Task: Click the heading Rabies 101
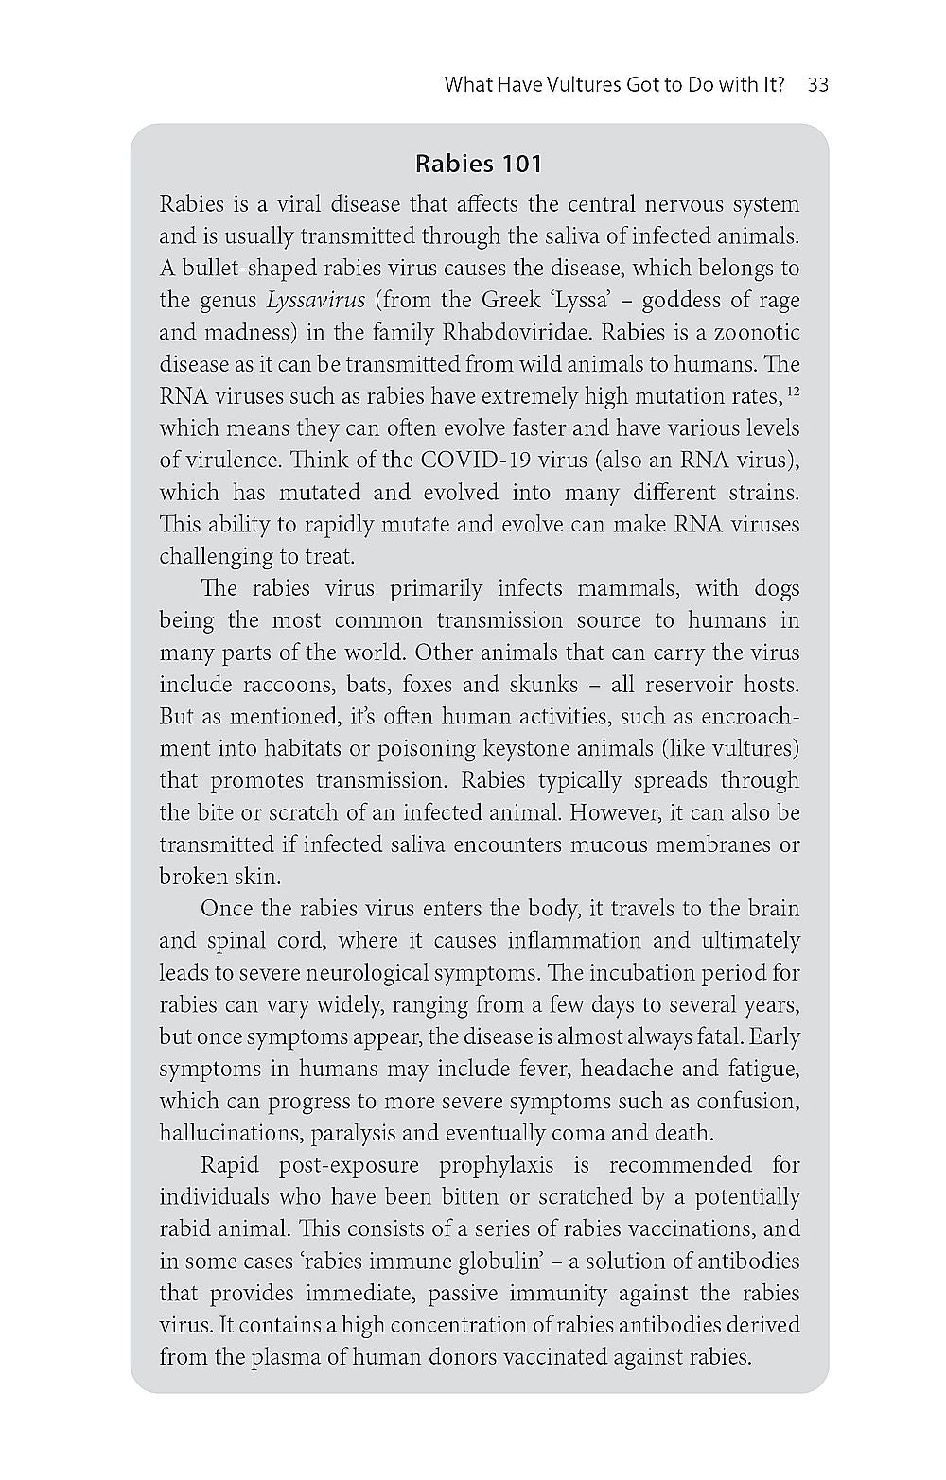(x=479, y=165)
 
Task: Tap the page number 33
(x=818, y=85)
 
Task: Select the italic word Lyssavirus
(x=316, y=301)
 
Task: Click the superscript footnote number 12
(x=794, y=391)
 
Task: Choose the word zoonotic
(x=758, y=333)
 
